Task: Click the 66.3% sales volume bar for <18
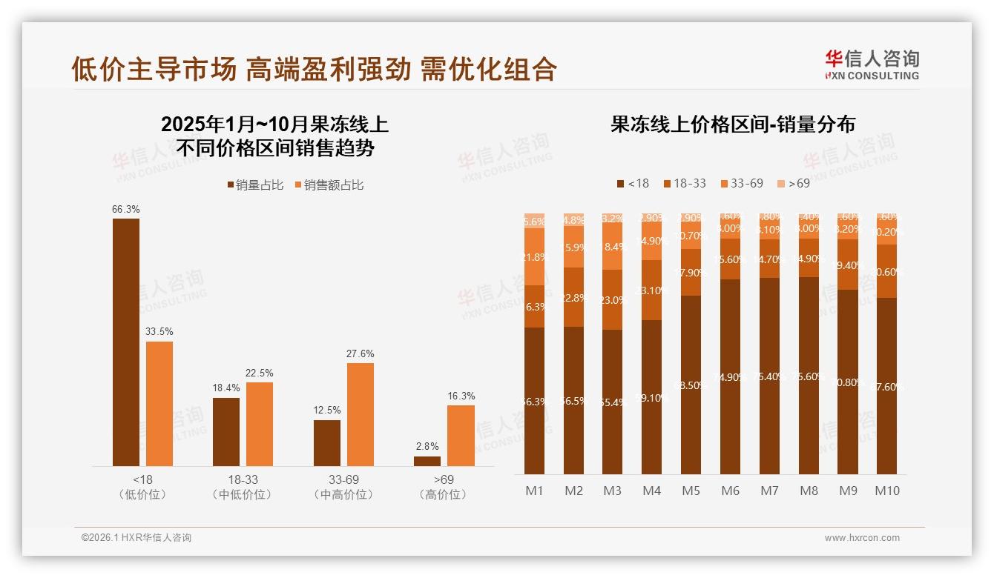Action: tap(126, 342)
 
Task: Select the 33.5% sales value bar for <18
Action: tap(159, 403)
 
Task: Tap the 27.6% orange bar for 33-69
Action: tap(361, 414)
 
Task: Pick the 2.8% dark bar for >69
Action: tap(427, 461)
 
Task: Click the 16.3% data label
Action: tap(461, 396)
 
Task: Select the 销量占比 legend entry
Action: tap(255, 185)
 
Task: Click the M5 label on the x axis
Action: tap(691, 491)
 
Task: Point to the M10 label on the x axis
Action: tap(886, 491)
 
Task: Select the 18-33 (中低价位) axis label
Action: tap(243, 487)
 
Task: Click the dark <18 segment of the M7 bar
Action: tap(769, 376)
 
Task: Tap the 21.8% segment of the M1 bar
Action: tap(535, 256)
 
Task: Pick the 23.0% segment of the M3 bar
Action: tap(613, 300)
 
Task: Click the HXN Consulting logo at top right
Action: tap(872, 64)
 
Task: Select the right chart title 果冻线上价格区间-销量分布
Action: tap(732, 124)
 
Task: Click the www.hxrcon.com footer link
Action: tap(862, 538)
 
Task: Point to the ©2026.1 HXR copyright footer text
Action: tap(136, 538)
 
